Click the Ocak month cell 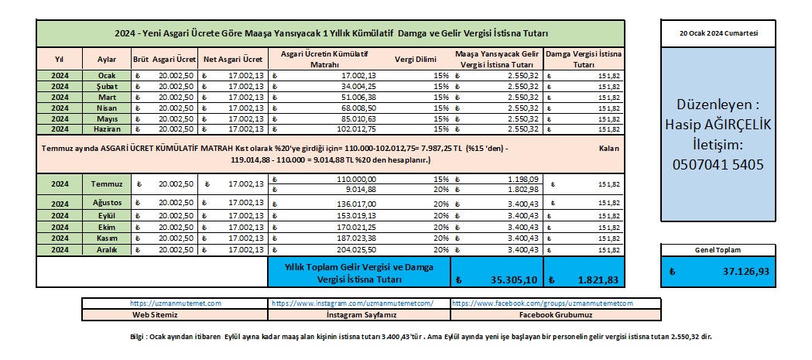(106, 75)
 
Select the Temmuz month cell (106, 183)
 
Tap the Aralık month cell (106, 250)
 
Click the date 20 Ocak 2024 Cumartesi (718, 35)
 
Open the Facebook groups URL (541, 304)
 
